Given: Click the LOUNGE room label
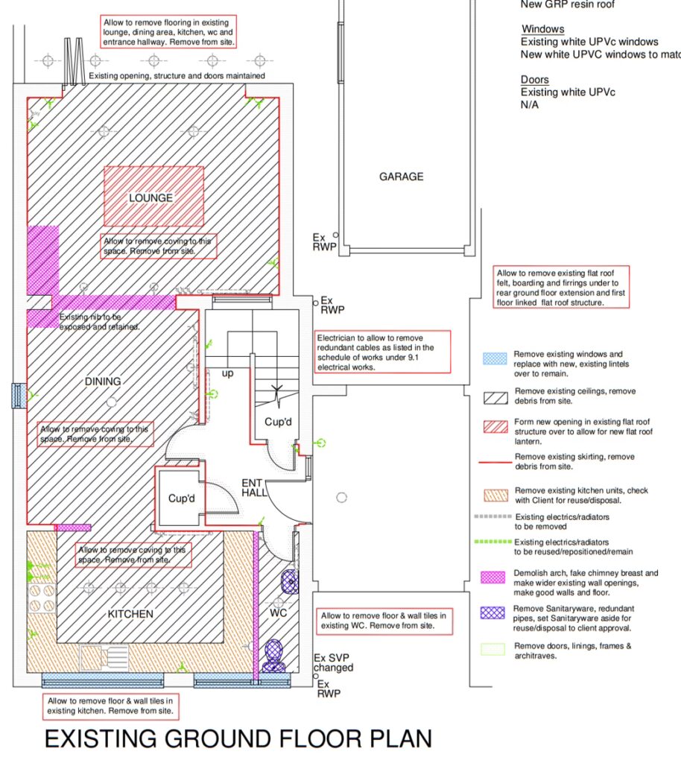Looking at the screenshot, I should (151, 198).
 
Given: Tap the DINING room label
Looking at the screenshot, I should (103, 381).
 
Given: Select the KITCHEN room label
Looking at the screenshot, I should (130, 614).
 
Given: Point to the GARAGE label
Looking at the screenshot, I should (401, 177).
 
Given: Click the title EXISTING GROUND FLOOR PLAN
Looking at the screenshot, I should (238, 738).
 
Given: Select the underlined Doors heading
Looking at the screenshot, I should (534, 80).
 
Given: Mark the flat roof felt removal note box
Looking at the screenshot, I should (561, 288).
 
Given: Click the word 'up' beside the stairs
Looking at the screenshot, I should (227, 373).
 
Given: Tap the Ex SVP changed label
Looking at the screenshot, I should (333, 663).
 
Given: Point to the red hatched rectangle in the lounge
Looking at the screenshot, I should (153, 196).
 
